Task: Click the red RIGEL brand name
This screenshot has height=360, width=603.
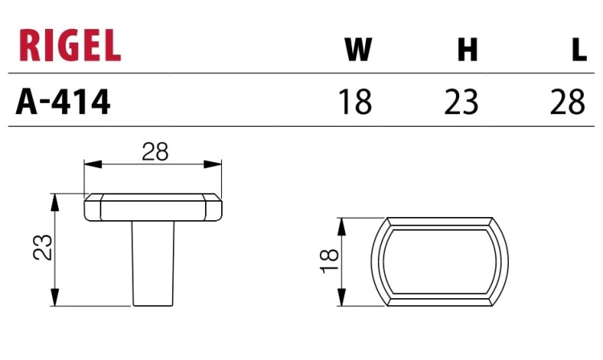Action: click(70, 45)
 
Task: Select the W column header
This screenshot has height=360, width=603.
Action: click(359, 50)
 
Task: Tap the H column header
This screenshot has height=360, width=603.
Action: click(468, 50)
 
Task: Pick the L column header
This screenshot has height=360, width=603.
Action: click(579, 50)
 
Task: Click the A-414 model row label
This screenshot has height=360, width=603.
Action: click(63, 102)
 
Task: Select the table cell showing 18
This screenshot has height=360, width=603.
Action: click(355, 102)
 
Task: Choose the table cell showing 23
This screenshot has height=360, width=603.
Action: click(461, 102)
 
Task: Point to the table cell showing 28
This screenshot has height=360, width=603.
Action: click(568, 102)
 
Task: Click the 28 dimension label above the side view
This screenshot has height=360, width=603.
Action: click(155, 152)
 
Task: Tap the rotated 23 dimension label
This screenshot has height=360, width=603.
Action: click(43, 247)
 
